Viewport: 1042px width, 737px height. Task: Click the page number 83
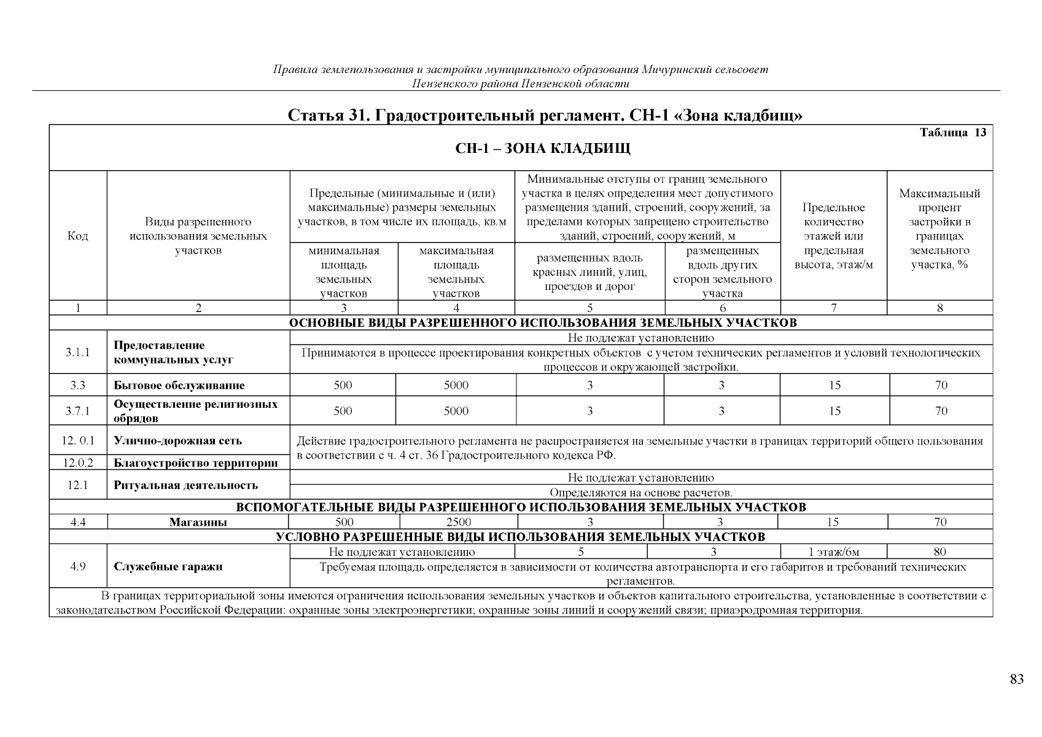(1016, 679)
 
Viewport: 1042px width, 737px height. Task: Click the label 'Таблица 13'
(952, 133)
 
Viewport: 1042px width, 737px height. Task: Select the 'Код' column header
(78, 236)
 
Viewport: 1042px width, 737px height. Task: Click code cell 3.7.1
(78, 411)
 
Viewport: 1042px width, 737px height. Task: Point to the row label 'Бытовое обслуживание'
(179, 386)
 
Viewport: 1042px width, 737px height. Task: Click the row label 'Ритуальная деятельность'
(185, 485)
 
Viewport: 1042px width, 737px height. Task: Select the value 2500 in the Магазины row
(459, 522)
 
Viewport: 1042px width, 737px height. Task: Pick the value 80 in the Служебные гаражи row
(939, 552)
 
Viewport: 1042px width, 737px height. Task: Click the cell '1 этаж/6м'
(833, 552)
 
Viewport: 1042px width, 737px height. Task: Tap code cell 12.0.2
(78, 463)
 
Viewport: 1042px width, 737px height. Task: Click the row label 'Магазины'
(198, 523)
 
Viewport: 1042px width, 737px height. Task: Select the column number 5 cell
(589, 308)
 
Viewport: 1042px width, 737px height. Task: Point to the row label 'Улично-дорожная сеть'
(177, 440)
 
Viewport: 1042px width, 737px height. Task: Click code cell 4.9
(78, 566)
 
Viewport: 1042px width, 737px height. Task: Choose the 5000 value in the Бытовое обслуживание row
(456, 386)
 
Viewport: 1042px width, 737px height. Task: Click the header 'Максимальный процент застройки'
(939, 229)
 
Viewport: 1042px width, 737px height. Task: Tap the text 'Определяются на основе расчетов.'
(640, 493)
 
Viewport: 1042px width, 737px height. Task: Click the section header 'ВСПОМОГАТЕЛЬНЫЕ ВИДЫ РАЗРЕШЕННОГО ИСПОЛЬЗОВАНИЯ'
(521, 507)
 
